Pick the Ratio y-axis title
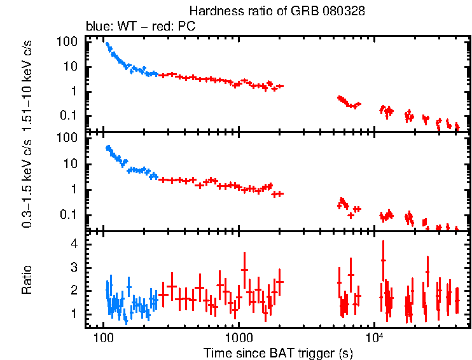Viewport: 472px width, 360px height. click(27, 279)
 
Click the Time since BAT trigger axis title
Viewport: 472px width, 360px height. click(278, 352)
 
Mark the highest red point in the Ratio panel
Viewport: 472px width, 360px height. click(383, 260)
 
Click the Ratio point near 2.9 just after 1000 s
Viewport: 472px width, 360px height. click(244, 269)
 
